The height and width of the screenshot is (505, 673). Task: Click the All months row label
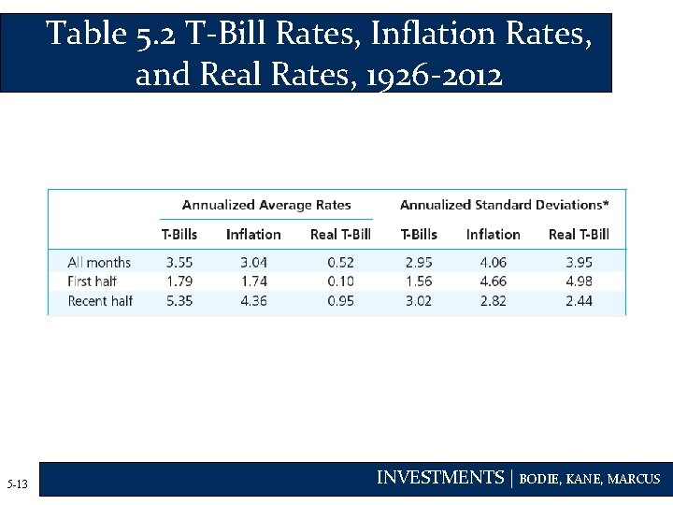[99, 263]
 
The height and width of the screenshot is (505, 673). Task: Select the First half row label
[92, 281]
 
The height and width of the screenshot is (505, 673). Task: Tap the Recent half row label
[100, 301]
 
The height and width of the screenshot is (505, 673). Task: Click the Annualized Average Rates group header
[266, 205]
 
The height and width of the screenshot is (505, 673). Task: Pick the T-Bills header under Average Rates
[179, 235]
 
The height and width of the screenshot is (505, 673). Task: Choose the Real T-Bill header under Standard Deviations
[579, 235]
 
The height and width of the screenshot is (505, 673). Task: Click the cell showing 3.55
[180, 263]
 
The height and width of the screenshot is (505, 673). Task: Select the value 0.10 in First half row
[341, 281]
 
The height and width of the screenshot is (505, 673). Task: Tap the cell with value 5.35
[180, 301]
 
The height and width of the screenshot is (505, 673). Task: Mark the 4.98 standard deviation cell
[579, 281]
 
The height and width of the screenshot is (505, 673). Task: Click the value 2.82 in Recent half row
[492, 301]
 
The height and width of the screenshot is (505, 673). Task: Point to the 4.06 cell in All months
[492, 263]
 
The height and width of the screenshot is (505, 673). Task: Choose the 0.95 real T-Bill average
[341, 301]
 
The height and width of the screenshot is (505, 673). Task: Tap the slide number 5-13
[17, 484]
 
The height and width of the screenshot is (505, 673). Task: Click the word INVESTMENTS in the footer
[439, 478]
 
